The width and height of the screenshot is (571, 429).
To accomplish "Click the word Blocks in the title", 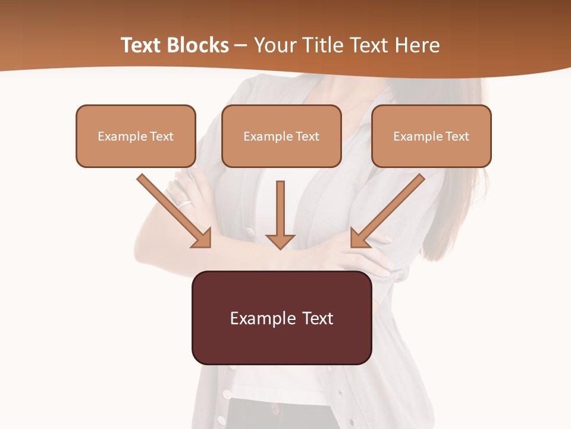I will click(197, 45).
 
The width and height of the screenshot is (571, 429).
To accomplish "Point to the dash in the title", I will click(241, 46).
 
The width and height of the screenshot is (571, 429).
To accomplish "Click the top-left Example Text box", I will click(136, 136).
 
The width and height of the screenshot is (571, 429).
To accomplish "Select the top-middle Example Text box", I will click(281, 136).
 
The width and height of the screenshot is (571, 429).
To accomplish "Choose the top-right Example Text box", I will click(431, 136).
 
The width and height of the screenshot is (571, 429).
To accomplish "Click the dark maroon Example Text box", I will click(281, 318).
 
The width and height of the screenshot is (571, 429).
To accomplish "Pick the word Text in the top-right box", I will click(458, 136).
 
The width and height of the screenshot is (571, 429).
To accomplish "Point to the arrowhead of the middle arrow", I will click(280, 241).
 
